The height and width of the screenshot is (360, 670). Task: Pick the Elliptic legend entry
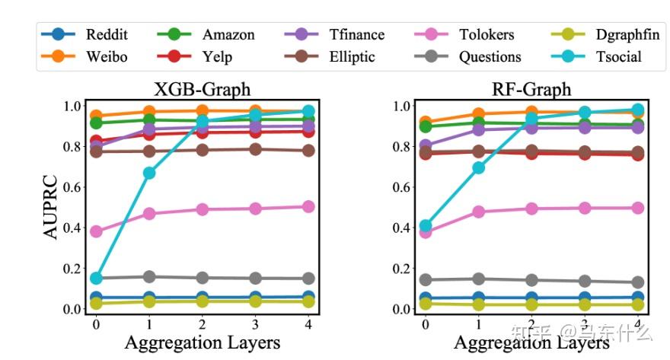[351, 57]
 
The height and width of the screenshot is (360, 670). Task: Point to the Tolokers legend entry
[487, 34]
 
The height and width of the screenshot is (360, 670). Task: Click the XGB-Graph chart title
[202, 89]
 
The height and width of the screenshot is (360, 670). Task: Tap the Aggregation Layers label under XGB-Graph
[202, 342]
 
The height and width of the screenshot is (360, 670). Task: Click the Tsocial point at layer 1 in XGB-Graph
[149, 173]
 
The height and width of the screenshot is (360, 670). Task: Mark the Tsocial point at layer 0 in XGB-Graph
[96, 279]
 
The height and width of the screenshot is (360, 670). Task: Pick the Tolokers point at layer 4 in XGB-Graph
[308, 206]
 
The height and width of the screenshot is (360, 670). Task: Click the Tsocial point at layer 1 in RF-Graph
[479, 167]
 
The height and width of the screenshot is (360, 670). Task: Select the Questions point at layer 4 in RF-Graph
[637, 282]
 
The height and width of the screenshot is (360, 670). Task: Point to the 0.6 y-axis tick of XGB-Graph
[73, 186]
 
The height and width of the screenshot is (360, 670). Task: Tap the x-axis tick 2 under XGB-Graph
[203, 323]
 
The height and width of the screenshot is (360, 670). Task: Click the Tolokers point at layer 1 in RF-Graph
[479, 212]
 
